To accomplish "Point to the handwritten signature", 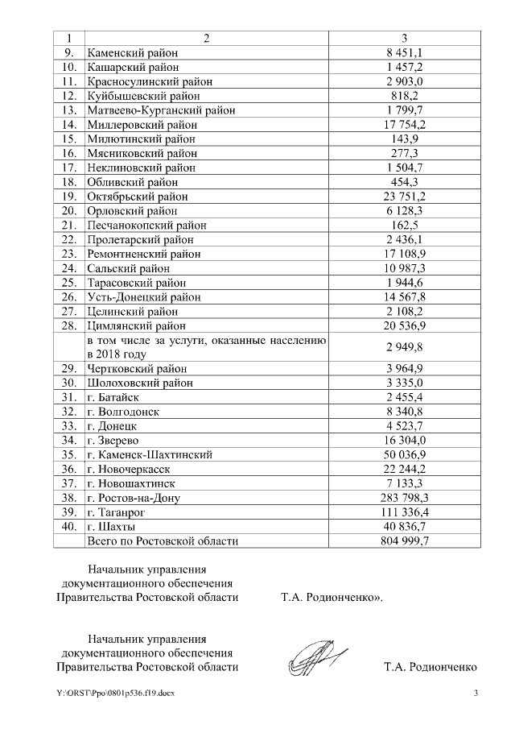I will pyautogui.click(x=317, y=661).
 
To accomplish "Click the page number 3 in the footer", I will pyautogui.click(x=476, y=694).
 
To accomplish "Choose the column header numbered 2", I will pyautogui.click(x=205, y=38).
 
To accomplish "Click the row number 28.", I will pyautogui.click(x=69, y=325).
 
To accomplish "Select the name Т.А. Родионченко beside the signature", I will pyautogui.click(x=431, y=667).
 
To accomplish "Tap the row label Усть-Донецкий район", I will pyautogui.click(x=143, y=296).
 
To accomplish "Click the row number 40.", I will pyautogui.click(x=69, y=527).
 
